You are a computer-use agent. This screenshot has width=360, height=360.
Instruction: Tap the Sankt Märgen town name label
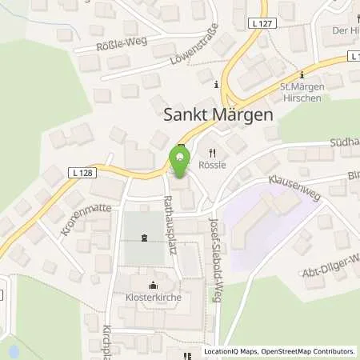point(218,114)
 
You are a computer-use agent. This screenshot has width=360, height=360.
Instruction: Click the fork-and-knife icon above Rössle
point(212,152)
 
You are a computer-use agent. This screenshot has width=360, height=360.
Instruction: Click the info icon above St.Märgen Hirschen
point(302,70)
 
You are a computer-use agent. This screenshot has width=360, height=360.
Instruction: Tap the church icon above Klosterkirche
point(153,284)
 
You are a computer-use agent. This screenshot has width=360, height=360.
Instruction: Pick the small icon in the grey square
point(144,238)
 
